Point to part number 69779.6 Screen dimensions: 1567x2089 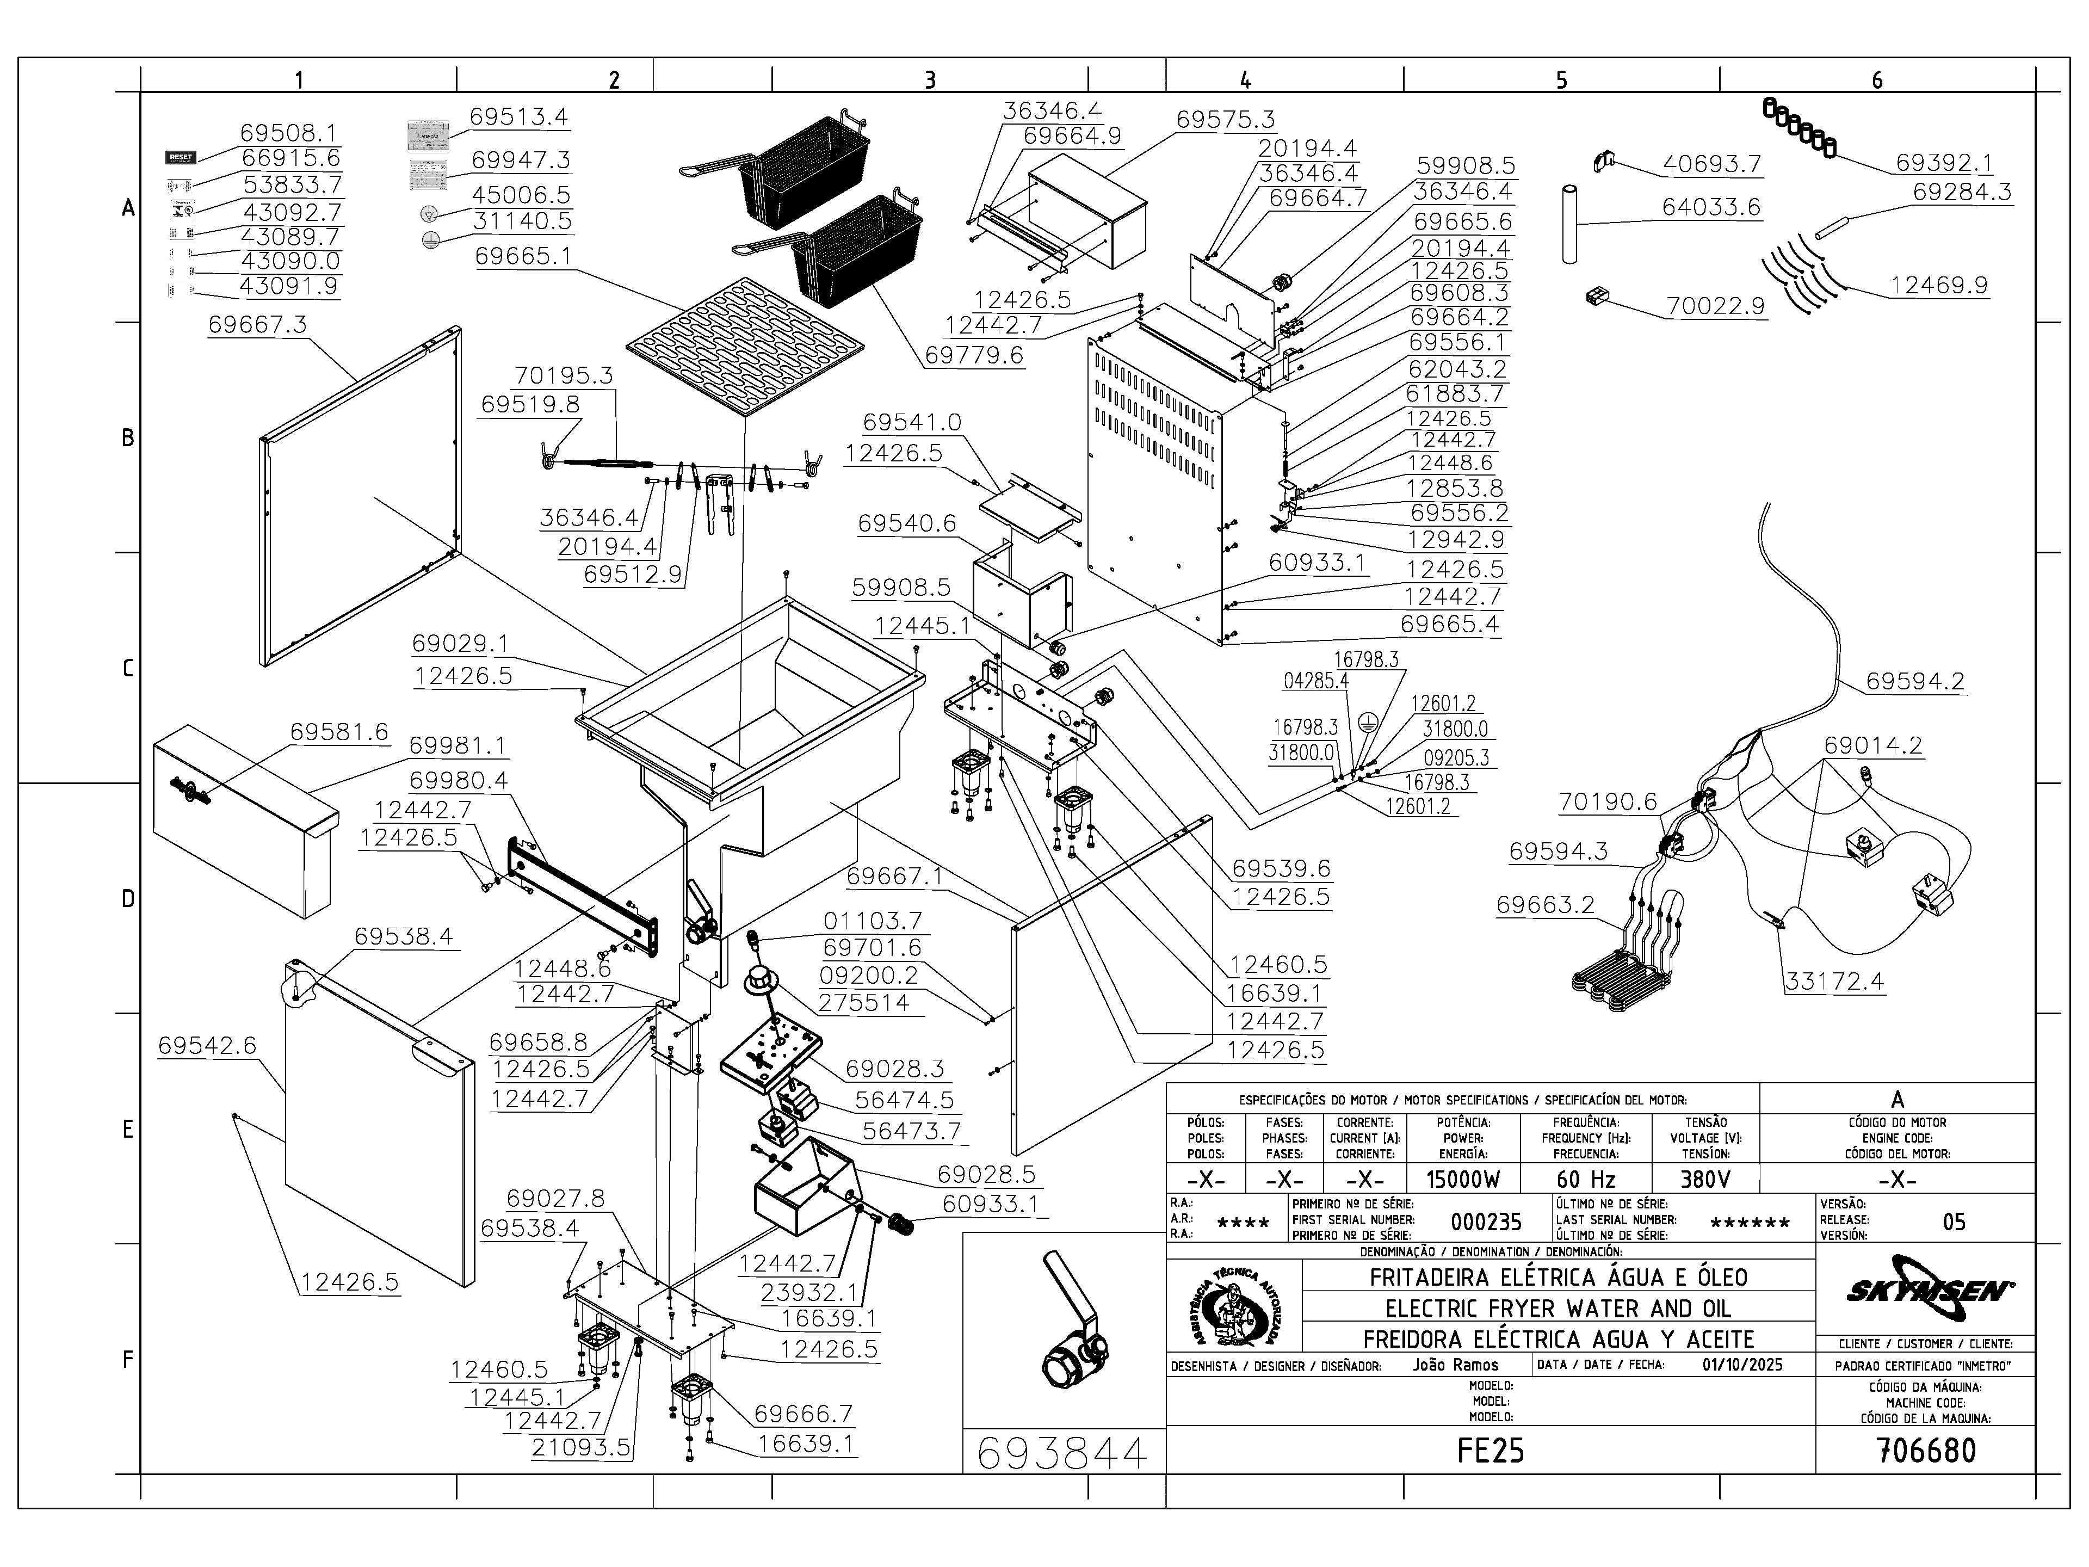point(974,355)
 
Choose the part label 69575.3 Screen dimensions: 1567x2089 point(1225,120)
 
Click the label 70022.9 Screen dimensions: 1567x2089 point(1715,306)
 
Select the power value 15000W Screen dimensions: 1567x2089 point(1463,1179)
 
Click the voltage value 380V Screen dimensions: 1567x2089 point(1705,1179)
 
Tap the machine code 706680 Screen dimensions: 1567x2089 point(1926,1450)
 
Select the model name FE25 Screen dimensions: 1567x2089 point(1490,1450)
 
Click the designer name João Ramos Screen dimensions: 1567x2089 point(1455,1365)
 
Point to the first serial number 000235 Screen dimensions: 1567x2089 point(1486,1222)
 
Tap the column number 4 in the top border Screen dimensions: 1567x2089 point(1246,81)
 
